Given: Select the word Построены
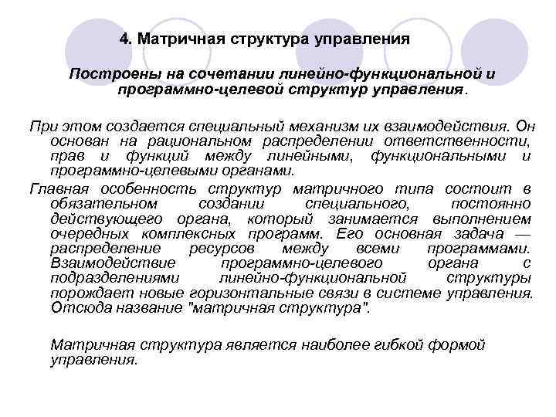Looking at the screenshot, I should (107, 75).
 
